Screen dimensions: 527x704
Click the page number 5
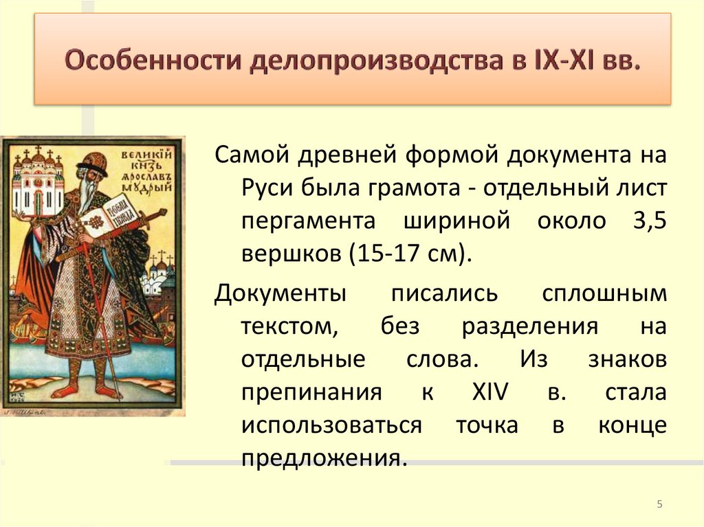[659, 506]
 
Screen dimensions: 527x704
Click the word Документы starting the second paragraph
[280, 293]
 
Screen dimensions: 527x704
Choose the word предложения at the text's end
[320, 458]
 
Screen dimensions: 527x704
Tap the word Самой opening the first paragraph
[252, 155]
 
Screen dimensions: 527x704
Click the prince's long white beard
[86, 196]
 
